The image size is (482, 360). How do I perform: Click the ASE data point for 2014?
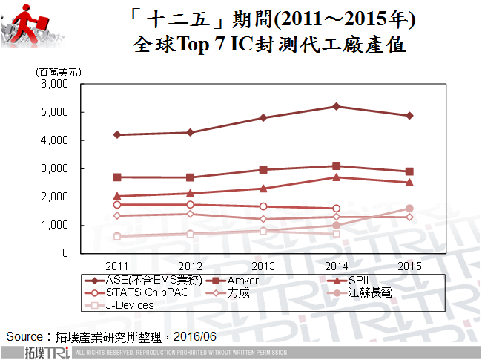coord(337,106)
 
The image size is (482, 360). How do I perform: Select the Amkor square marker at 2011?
coord(116,177)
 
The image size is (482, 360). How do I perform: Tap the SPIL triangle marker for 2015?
coord(409,182)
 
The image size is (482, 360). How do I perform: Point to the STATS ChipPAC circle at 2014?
coord(337,209)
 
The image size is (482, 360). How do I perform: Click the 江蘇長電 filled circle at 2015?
coord(409,209)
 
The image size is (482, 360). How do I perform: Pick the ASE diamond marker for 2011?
coord(116,134)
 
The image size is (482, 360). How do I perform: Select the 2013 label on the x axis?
coord(263,265)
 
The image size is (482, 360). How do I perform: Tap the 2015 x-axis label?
coord(409,265)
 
